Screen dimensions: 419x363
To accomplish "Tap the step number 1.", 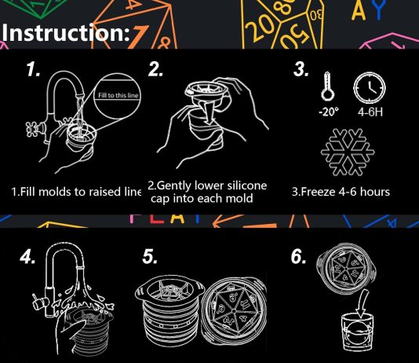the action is coord(34,70).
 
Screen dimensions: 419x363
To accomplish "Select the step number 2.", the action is coord(155,70).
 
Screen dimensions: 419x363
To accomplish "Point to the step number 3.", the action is coord(301,70).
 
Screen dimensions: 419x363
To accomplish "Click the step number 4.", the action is coord(27,258).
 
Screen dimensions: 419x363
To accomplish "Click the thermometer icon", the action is coord(328,86).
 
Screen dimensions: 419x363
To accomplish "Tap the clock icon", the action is coord(370,87).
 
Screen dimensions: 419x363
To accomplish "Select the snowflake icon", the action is coord(348,152).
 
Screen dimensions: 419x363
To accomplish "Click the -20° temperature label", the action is coord(329,112).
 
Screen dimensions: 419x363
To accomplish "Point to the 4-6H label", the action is coord(370,112).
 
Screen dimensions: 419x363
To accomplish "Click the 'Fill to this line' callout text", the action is coord(118,96).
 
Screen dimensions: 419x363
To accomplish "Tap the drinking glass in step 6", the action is coord(358,332).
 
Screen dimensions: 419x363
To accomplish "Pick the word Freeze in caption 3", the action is coord(318,192).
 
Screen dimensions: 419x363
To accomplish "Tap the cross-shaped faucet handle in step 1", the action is coord(31,129).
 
